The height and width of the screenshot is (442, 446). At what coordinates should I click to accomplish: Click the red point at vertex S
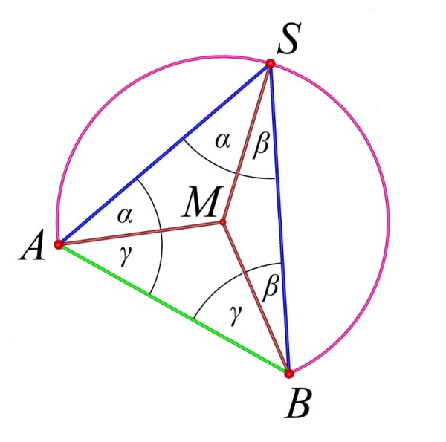pos(271,63)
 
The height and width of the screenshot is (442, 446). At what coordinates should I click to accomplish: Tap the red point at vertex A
pos(59,244)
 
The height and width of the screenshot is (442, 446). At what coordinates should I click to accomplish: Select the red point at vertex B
pos(288,374)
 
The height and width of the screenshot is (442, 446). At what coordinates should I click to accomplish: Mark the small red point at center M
pos(223,222)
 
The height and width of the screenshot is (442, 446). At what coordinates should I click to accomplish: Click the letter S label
pos(288,39)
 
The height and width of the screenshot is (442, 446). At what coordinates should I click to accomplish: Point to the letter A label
pos(32,245)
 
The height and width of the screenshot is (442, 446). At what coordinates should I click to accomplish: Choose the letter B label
pos(298,403)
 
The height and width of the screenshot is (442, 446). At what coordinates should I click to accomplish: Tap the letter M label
pos(202,201)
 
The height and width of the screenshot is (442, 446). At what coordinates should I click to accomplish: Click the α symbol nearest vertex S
pos(222,140)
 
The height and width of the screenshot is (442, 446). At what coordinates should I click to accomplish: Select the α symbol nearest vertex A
pos(125,215)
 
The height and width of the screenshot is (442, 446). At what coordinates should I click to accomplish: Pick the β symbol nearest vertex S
pos(261,146)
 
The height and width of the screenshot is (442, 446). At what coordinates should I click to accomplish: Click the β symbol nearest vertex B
pos(271,287)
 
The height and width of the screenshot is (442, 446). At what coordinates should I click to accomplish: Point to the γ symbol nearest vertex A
pos(126,256)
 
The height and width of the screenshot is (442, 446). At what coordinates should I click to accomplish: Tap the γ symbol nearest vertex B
pos(236,315)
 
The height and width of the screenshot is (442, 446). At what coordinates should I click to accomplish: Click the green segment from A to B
pos(174,309)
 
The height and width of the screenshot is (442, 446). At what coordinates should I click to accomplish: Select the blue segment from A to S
pos(164,154)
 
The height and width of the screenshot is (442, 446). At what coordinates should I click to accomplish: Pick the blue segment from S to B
pos(279,218)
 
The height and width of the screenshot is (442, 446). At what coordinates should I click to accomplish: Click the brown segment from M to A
pos(140,233)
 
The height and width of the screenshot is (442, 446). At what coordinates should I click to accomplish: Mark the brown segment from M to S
pos(247,143)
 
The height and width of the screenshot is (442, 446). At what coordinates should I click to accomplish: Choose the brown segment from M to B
pos(256,298)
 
